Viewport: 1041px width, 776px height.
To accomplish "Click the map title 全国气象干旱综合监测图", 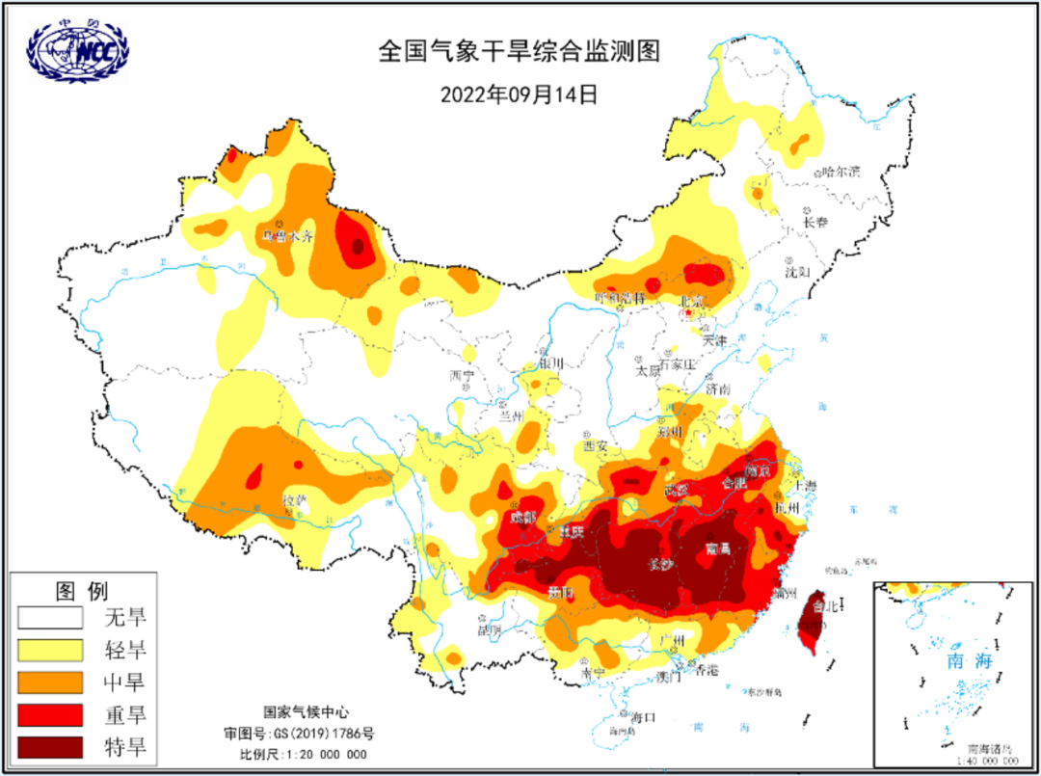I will [520, 52].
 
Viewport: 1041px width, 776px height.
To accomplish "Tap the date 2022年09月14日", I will [520, 94].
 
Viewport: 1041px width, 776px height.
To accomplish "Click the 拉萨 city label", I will [295, 500].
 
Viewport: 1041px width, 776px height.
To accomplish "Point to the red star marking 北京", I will [688, 312].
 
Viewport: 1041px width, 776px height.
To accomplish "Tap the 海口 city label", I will [643, 717].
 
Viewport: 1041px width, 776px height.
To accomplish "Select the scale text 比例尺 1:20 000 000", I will [304, 754].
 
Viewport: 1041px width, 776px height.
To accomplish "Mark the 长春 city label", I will [815, 222].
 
